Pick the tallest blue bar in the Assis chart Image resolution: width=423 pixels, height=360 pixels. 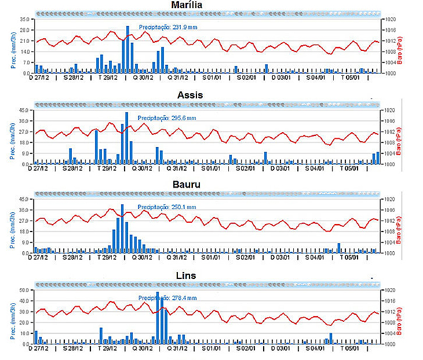coord(126,138)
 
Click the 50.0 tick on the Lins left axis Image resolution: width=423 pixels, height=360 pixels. coord(24,290)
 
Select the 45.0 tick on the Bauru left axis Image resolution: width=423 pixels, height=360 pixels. coord(24,200)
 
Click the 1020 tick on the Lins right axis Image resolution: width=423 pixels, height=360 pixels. coord(390,290)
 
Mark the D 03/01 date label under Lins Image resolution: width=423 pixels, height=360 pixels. coord(280,348)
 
